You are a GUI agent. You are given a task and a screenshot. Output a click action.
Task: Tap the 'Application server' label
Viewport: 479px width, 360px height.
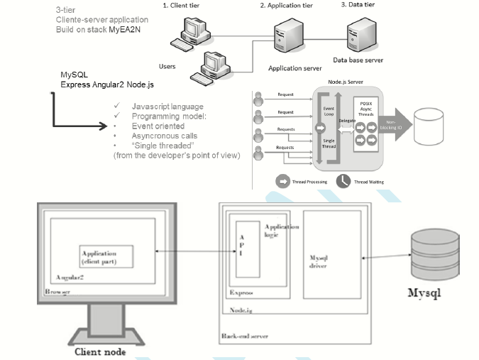(296, 68)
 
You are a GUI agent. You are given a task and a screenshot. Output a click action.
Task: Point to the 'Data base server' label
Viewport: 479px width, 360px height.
(359, 60)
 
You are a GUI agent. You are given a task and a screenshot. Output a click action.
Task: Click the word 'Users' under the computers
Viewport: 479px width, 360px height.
(167, 66)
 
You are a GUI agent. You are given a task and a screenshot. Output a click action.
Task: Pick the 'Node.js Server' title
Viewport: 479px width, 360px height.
(346, 82)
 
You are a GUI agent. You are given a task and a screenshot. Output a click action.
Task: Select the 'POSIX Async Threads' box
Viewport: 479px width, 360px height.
(367, 110)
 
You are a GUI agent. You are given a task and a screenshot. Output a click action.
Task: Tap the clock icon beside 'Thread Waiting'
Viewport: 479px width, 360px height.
(343, 181)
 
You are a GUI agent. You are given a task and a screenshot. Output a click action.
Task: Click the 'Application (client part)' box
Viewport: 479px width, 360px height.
(104, 256)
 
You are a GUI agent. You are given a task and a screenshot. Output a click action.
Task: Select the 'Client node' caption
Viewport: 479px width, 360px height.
(101, 350)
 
